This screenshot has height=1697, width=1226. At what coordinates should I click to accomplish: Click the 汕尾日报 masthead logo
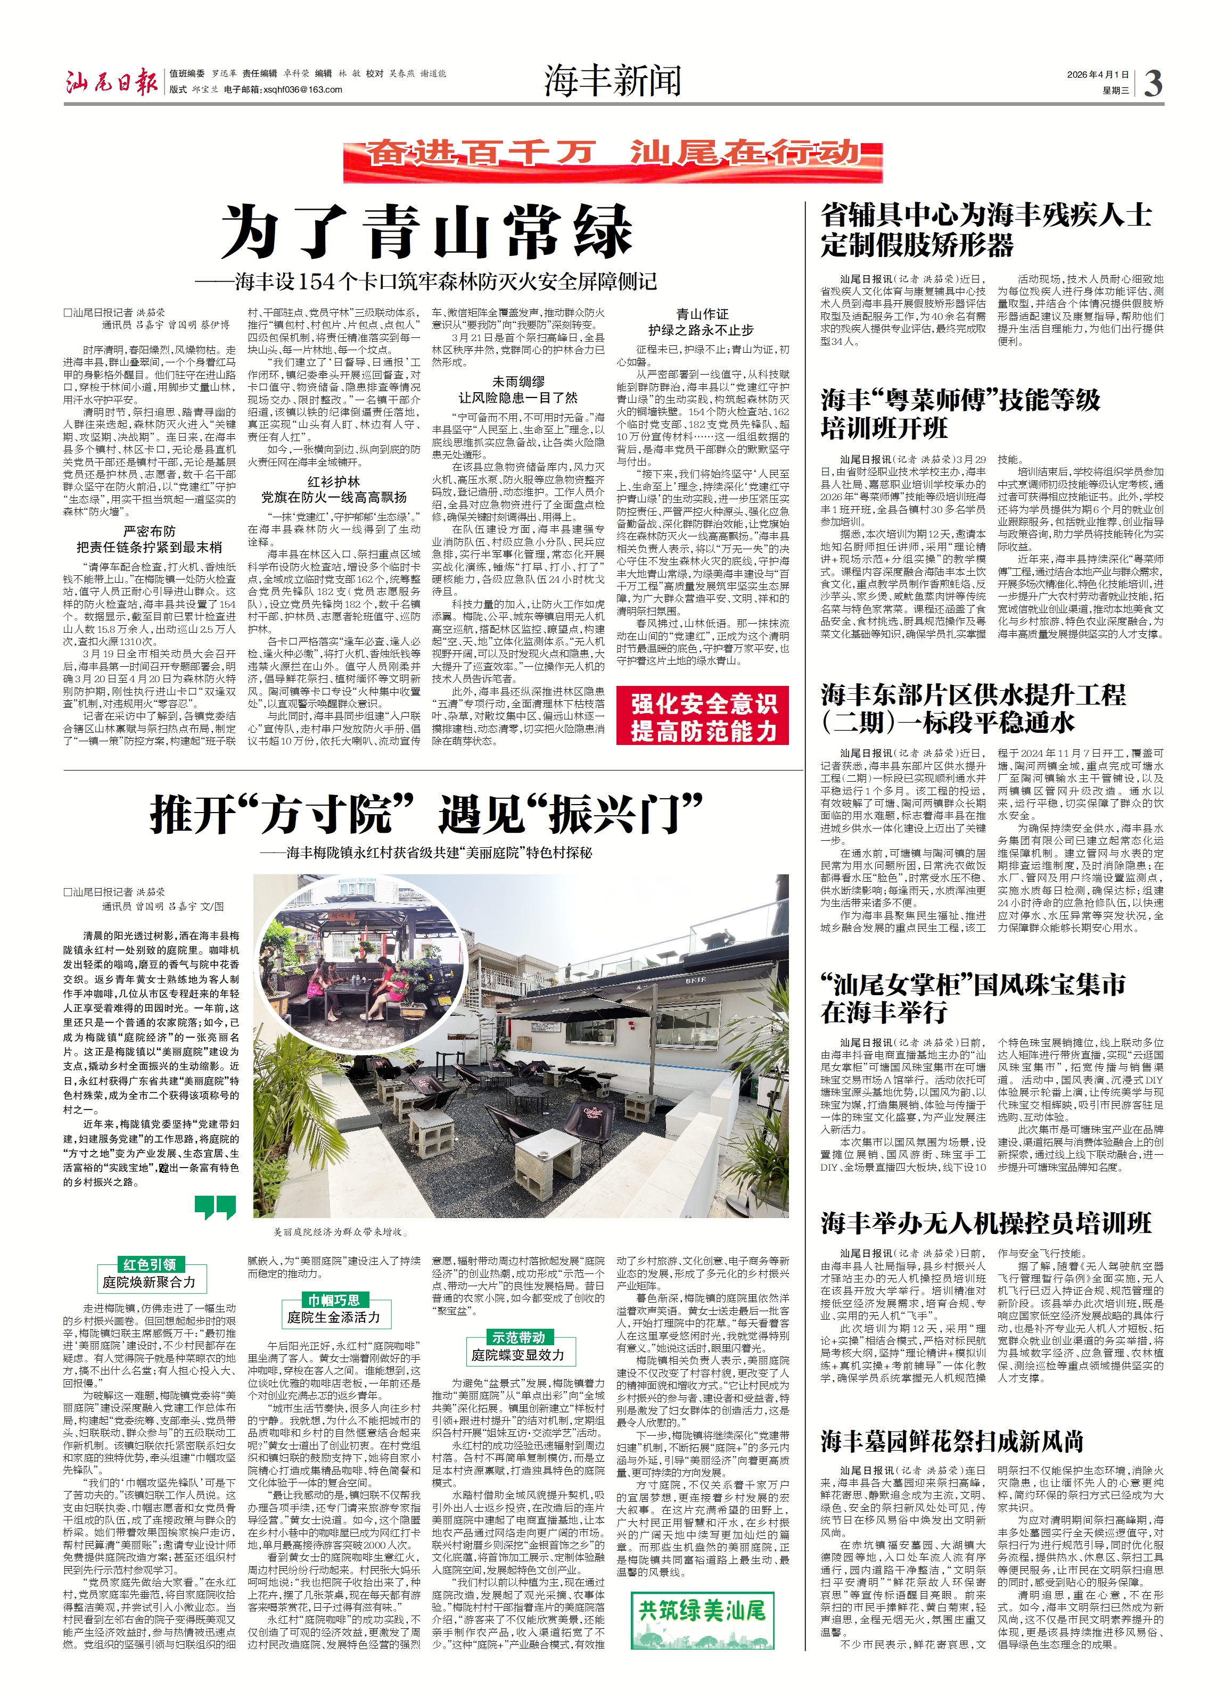click(111, 81)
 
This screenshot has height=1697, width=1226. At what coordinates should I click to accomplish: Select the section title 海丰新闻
click(612, 81)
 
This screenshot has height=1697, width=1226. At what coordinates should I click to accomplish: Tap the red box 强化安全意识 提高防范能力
click(702, 716)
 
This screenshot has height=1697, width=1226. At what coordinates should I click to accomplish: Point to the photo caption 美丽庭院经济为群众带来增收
click(339, 1231)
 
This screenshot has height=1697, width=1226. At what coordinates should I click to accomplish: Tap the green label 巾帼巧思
click(334, 1301)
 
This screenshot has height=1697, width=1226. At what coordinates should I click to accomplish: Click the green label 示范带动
click(518, 1337)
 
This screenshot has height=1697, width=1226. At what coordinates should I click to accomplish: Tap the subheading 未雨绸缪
click(518, 382)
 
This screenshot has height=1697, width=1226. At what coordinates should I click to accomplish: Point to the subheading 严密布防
click(149, 531)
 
